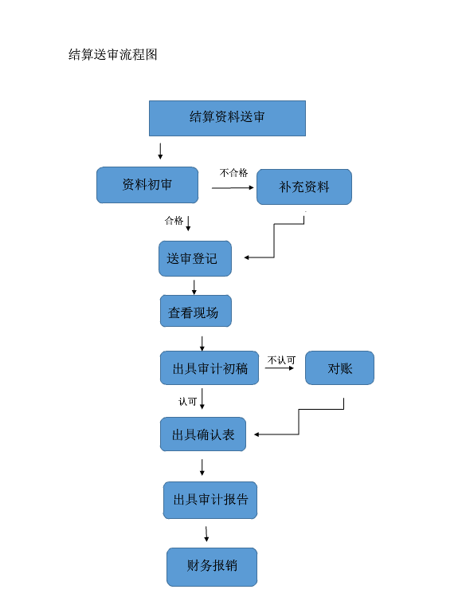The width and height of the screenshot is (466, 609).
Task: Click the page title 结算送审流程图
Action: point(113,54)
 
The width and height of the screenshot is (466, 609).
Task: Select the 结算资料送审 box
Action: point(227,119)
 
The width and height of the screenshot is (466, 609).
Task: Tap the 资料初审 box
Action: point(147,185)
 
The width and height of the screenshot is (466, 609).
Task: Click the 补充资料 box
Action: point(304,187)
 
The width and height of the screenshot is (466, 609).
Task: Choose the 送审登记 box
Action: point(195,259)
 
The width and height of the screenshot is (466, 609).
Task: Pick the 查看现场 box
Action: point(196,311)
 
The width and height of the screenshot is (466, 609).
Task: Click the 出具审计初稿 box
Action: point(210,367)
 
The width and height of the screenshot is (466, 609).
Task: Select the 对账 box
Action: point(340,367)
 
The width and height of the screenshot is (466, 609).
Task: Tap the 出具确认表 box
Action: point(203,434)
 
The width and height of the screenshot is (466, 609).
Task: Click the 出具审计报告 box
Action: point(210,501)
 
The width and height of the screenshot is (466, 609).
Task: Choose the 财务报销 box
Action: point(212,567)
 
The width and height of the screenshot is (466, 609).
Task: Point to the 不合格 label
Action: point(233,173)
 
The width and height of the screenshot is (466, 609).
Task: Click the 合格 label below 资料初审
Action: point(174,221)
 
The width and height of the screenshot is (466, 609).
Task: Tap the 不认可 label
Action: point(282,360)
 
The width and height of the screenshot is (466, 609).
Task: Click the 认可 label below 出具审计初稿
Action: point(188,402)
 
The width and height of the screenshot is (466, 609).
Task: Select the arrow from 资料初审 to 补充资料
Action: point(233,188)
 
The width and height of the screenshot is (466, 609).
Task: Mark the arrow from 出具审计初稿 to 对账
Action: point(280,367)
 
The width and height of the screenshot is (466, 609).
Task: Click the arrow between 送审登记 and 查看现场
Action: point(194,287)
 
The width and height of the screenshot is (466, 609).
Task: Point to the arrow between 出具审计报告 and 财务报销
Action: point(206,534)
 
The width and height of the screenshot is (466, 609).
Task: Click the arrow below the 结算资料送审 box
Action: point(160,151)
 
